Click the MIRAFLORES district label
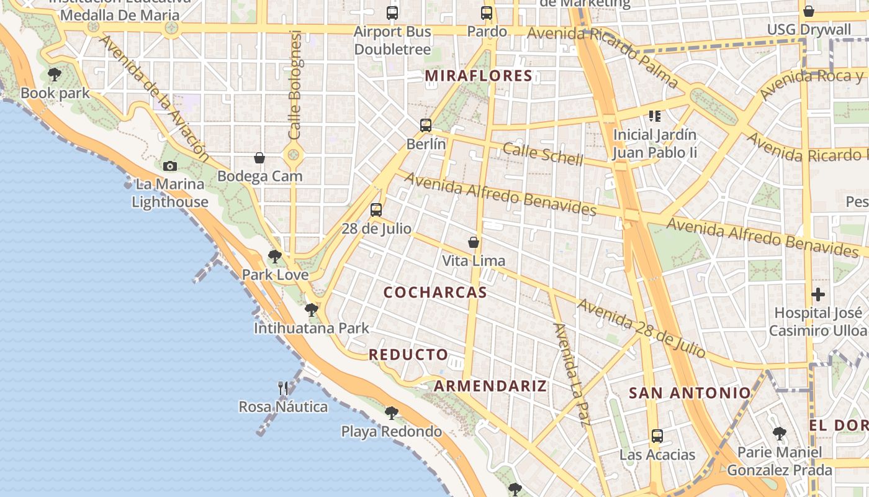point(479,76)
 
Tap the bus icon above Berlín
point(426,125)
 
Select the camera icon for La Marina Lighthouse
point(170,166)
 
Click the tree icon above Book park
point(55,75)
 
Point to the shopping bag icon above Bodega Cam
point(259,158)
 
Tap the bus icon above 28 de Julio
point(376,210)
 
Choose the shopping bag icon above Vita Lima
point(474,242)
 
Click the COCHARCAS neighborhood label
point(435,293)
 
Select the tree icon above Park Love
point(275,256)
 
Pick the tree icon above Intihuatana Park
point(312,309)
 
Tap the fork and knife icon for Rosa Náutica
point(283,388)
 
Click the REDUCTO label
point(408,355)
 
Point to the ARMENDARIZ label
point(490,386)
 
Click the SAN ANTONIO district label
point(690,393)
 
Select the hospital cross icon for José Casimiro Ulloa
point(818,294)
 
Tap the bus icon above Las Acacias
point(657,436)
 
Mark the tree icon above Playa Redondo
point(392,413)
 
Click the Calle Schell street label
point(543,155)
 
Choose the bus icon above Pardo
point(487,13)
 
